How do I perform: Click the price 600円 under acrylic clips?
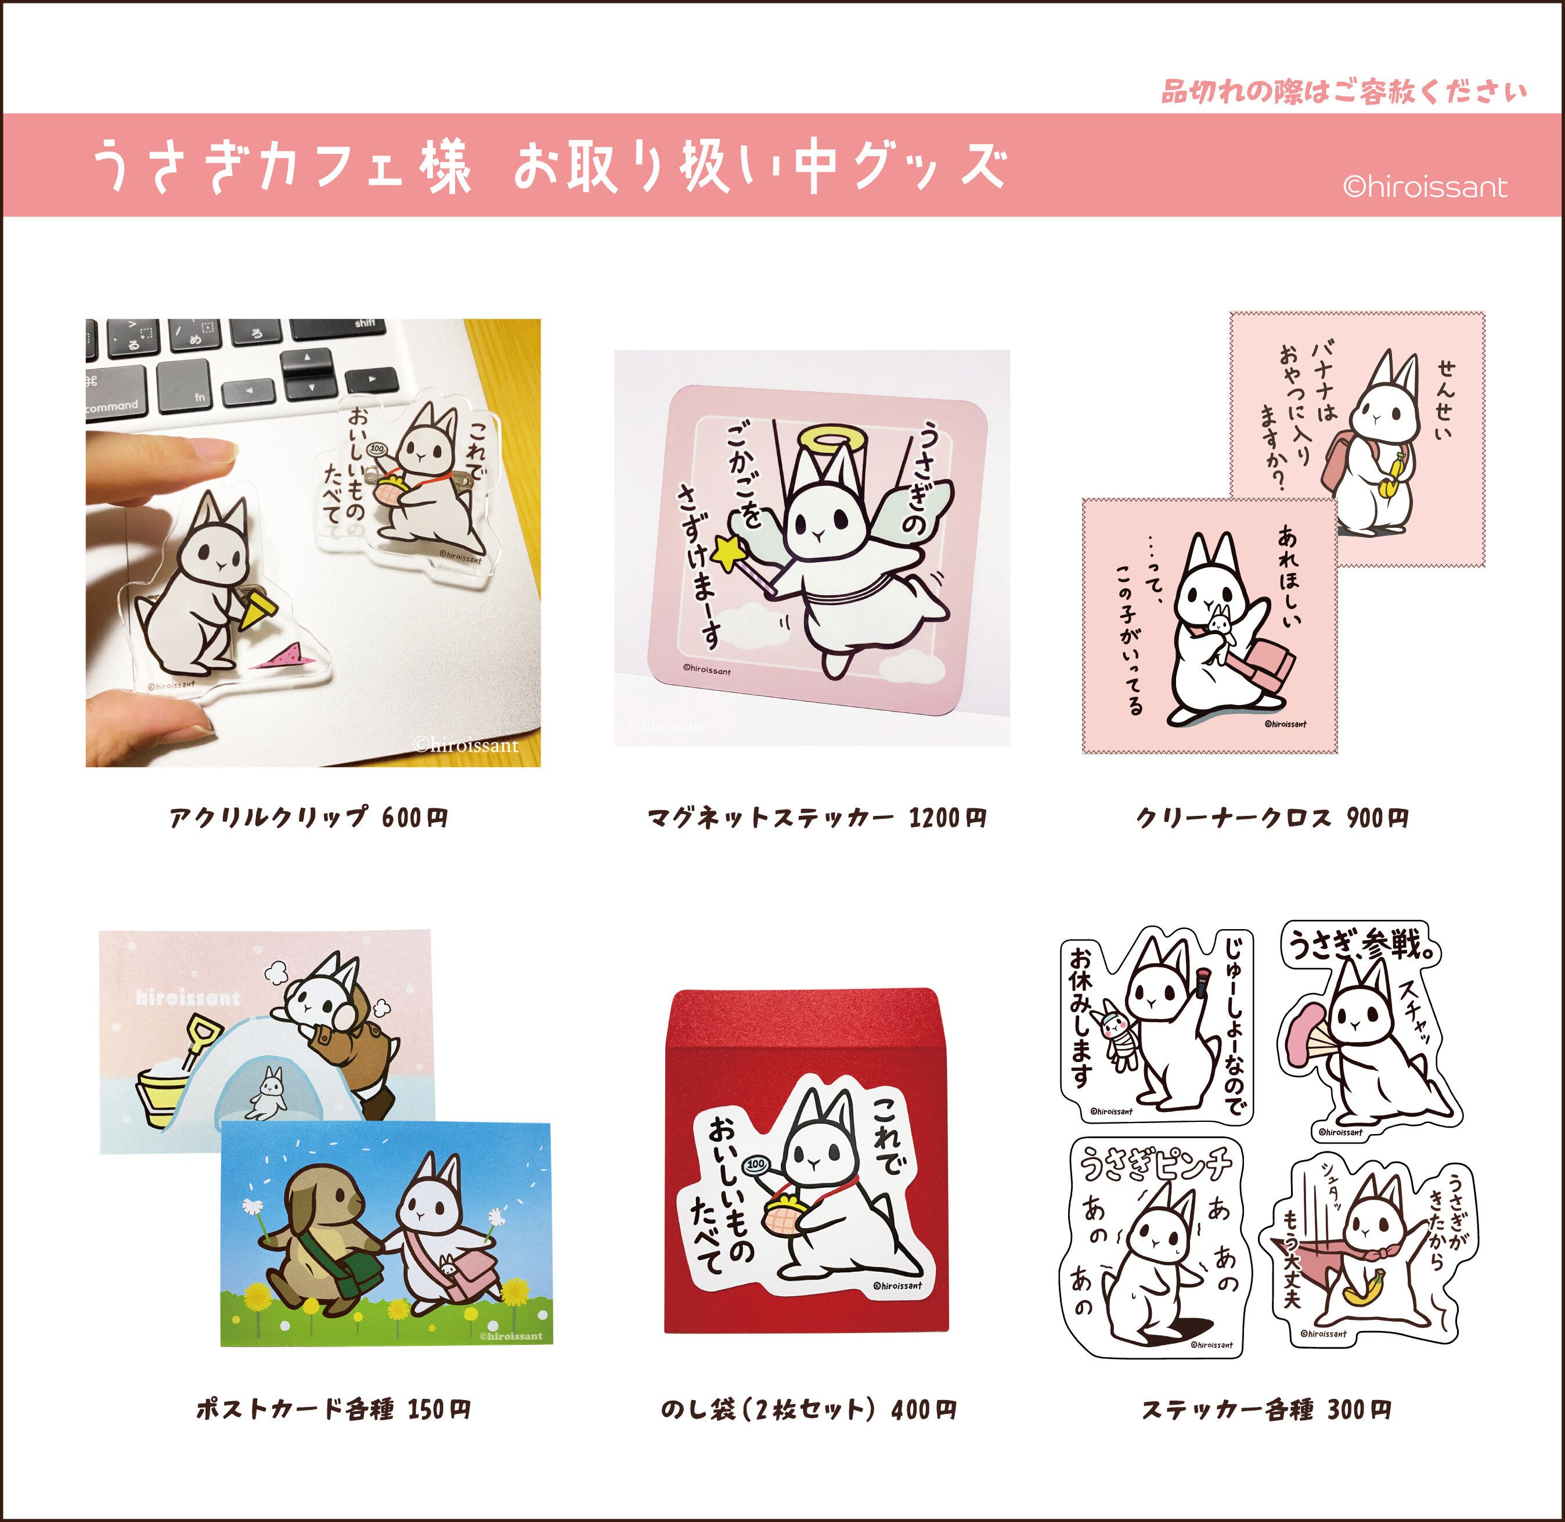415,818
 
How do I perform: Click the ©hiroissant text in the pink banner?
1425,187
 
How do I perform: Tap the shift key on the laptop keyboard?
365,324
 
